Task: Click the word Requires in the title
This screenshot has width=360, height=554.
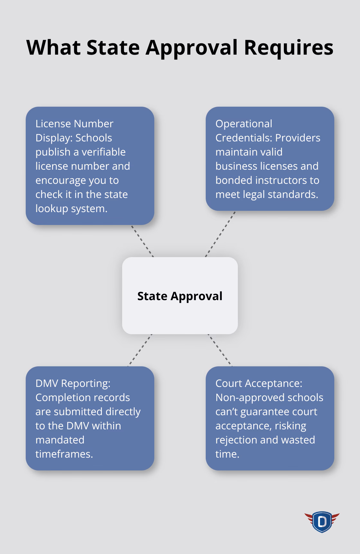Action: coord(288,48)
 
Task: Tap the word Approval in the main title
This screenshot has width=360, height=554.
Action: coord(192,48)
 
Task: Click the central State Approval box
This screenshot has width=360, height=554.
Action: coord(180,296)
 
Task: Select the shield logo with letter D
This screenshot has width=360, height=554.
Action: coord(322,522)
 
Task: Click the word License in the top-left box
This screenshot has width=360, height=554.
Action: coord(54,124)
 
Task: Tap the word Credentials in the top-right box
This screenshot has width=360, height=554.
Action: coord(243,138)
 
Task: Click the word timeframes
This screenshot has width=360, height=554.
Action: coord(64,454)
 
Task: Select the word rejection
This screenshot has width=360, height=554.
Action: coord(236,440)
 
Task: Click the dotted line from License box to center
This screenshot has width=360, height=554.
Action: coord(142,241)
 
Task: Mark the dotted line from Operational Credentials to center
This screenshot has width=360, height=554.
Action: coord(220,234)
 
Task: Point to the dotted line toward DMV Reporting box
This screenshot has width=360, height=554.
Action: coord(140,350)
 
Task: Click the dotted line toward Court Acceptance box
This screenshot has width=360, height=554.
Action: coord(220,350)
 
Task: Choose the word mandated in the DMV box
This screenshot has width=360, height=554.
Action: coord(60,440)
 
